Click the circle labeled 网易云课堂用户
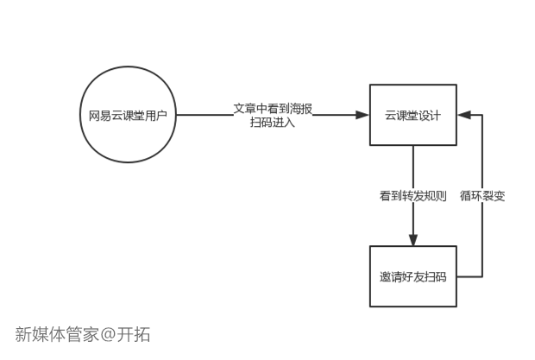(x=129, y=115)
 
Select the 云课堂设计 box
(x=412, y=115)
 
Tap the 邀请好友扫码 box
(x=412, y=276)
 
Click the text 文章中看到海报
(x=273, y=109)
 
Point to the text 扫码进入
(x=273, y=123)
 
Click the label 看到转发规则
(x=412, y=196)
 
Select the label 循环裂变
(x=482, y=196)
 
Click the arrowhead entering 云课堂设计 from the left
(x=362, y=115)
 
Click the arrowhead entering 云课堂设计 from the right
(x=463, y=115)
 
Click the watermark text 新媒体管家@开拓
(x=82, y=334)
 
